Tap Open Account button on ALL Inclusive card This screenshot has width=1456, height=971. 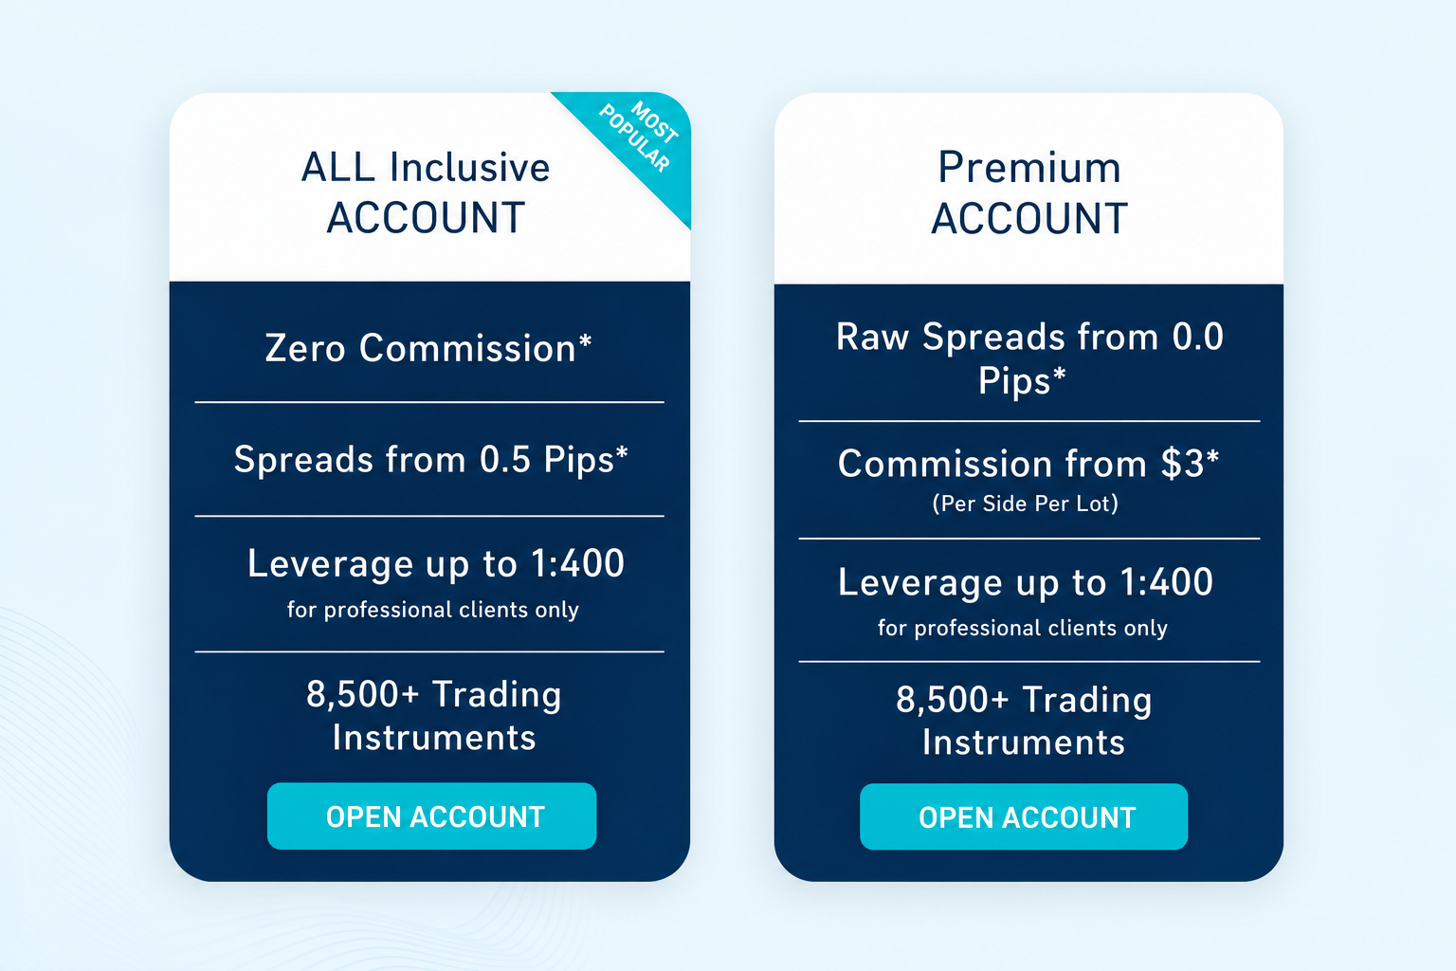[431, 816]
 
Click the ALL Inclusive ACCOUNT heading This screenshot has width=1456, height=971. [426, 192]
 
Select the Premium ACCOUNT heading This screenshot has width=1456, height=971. [1028, 192]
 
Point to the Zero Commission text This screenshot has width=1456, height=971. [428, 348]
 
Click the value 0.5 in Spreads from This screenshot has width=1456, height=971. [505, 459]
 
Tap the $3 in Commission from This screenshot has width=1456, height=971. [1183, 464]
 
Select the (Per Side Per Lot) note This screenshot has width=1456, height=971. [1026, 504]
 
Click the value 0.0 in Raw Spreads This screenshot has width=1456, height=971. [1198, 337]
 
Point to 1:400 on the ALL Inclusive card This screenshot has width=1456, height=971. [578, 563]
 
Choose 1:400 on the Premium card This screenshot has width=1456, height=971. [1168, 581]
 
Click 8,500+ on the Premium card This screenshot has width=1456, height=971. [953, 700]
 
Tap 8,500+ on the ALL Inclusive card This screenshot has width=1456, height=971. [362, 694]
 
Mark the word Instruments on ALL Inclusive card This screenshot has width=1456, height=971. [434, 738]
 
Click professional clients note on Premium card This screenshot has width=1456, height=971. [1023, 628]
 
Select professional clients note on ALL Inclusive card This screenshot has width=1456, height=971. [433, 610]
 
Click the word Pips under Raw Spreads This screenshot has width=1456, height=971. [1014, 380]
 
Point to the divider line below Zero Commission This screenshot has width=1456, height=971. [429, 403]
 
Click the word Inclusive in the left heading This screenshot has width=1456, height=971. [470, 168]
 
